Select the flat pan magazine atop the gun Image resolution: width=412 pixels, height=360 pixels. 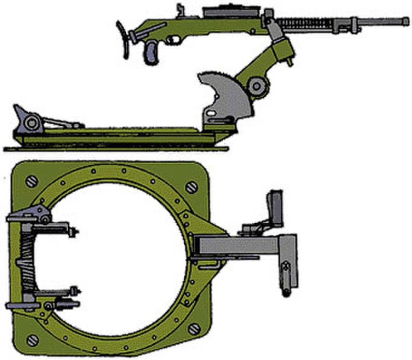click(x=231, y=13)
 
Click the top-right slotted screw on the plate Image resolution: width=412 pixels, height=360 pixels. click(x=191, y=187)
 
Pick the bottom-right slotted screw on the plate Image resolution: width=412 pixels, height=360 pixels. click(x=193, y=329)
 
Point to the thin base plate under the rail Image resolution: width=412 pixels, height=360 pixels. click(x=117, y=149)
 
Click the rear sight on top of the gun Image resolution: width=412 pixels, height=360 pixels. click(x=180, y=10)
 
